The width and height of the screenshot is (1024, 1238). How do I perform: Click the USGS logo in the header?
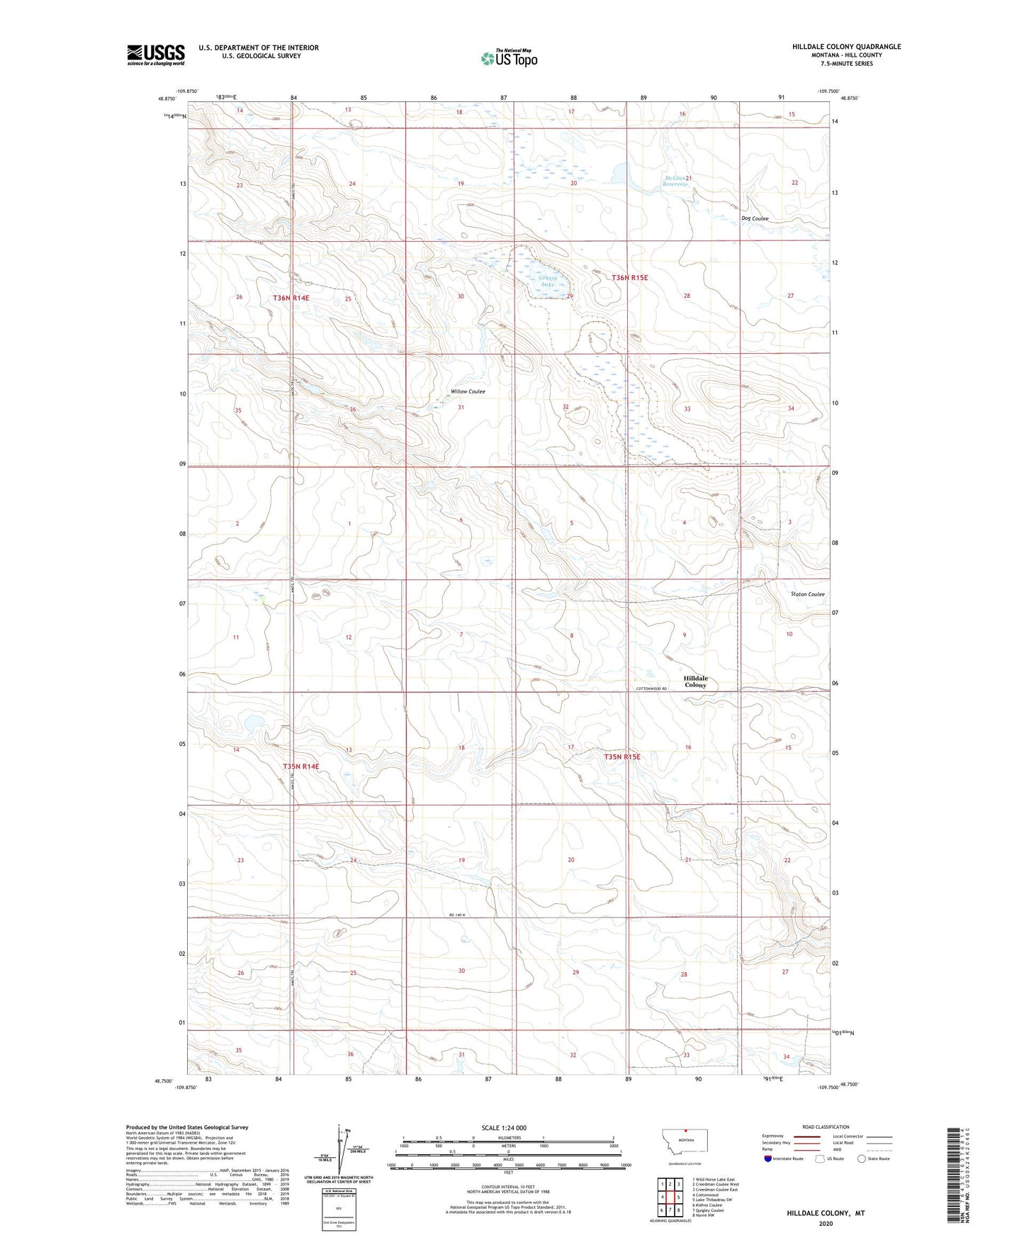coord(156,54)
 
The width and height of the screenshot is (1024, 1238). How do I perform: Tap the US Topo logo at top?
coord(508,58)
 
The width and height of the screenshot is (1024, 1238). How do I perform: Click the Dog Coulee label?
coord(755,218)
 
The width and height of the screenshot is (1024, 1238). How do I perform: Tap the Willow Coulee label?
coord(468,391)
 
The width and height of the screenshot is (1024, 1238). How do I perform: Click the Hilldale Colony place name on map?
coord(695,681)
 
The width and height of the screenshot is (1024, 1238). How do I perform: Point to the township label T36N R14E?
coord(291,299)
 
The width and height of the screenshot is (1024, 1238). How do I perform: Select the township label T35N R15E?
coord(621,757)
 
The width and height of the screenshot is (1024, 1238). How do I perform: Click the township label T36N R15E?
coord(629,278)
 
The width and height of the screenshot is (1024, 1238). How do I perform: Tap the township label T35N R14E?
coord(300,766)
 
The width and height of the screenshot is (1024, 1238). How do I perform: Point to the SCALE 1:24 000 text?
coord(504,1128)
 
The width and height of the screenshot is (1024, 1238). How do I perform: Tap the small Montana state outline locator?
coord(685,1142)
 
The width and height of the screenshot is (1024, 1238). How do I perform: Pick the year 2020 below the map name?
coord(825,1224)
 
